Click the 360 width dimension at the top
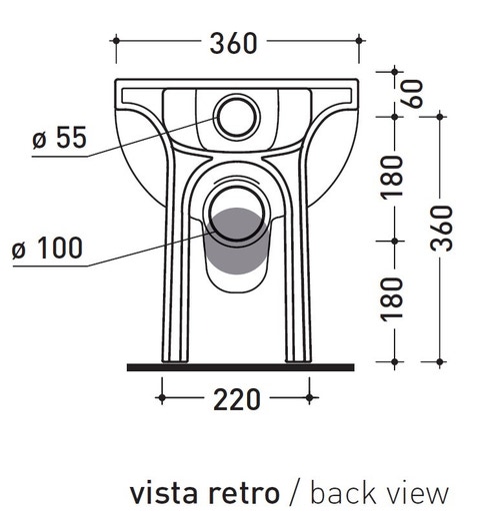tap(233, 43)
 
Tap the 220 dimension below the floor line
tap(237, 399)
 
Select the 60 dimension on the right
tap(414, 94)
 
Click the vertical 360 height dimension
tap(441, 229)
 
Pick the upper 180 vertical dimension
tap(392, 177)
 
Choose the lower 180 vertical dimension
tap(392, 299)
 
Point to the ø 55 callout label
tap(60, 137)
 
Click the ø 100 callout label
tap(47, 248)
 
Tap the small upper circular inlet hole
tap(237, 117)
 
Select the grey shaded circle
tap(237, 241)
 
